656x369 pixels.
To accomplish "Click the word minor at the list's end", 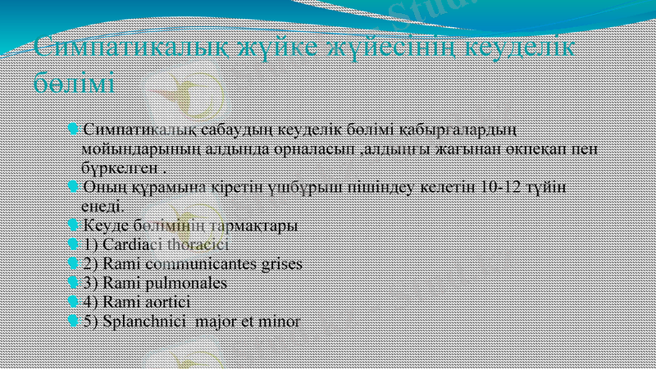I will coord(280,321).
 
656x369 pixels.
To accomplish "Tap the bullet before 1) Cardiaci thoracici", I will coord(75,244).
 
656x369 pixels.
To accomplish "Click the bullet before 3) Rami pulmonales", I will coord(75,283).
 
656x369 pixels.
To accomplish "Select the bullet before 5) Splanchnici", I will coord(75,321).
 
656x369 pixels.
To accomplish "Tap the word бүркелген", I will coord(120,169).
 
